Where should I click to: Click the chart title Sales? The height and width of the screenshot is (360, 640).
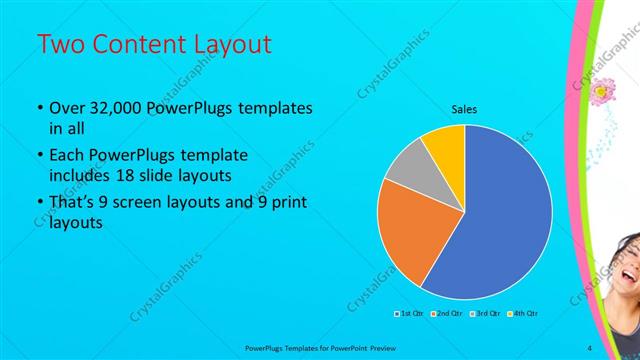tap(464, 108)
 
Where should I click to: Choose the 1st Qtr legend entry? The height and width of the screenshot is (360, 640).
tap(409, 314)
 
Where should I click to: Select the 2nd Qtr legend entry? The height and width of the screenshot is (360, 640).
tap(447, 314)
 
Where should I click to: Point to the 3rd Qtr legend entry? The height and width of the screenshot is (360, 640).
tap(486, 314)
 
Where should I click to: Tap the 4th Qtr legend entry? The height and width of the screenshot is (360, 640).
tap(524, 314)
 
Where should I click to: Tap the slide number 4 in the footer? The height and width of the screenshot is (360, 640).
tap(590, 347)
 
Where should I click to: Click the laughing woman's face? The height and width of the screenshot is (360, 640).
tap(625, 265)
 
